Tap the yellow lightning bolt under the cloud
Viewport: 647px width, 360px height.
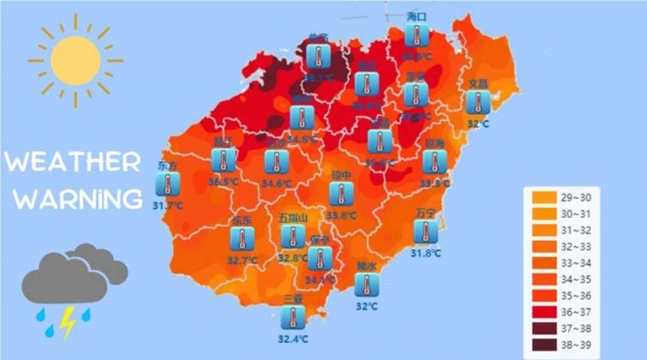point(67,323)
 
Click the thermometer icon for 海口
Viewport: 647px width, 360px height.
point(417,37)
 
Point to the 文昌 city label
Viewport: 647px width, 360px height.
point(477,83)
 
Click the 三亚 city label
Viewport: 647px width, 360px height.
point(293,298)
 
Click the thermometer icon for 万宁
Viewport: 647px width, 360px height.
point(424,231)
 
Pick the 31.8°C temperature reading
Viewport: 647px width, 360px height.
point(425,253)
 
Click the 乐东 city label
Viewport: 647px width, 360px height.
point(242,220)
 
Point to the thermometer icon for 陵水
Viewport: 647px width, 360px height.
point(366,285)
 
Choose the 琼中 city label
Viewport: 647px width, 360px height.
point(341,176)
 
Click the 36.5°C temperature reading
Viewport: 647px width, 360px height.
point(224,182)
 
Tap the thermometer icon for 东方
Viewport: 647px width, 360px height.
point(169,183)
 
